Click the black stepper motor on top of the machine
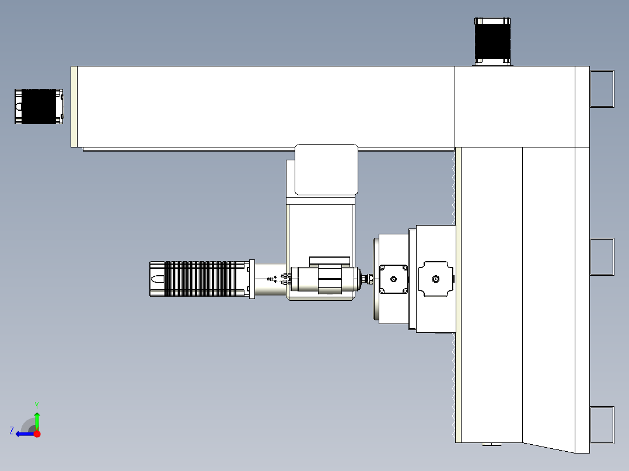point(492,40)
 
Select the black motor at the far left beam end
point(39,106)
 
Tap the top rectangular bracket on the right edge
point(602,89)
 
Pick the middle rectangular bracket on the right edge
point(602,256)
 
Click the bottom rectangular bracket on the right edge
point(602,424)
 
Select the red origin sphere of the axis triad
point(37,434)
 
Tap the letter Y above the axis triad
point(36,405)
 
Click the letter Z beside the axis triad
point(12,431)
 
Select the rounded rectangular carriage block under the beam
point(326,169)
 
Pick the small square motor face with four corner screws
point(394,279)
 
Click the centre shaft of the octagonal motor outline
point(435,279)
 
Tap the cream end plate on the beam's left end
point(74,106)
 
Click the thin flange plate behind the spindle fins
point(252,279)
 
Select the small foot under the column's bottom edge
point(491,445)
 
